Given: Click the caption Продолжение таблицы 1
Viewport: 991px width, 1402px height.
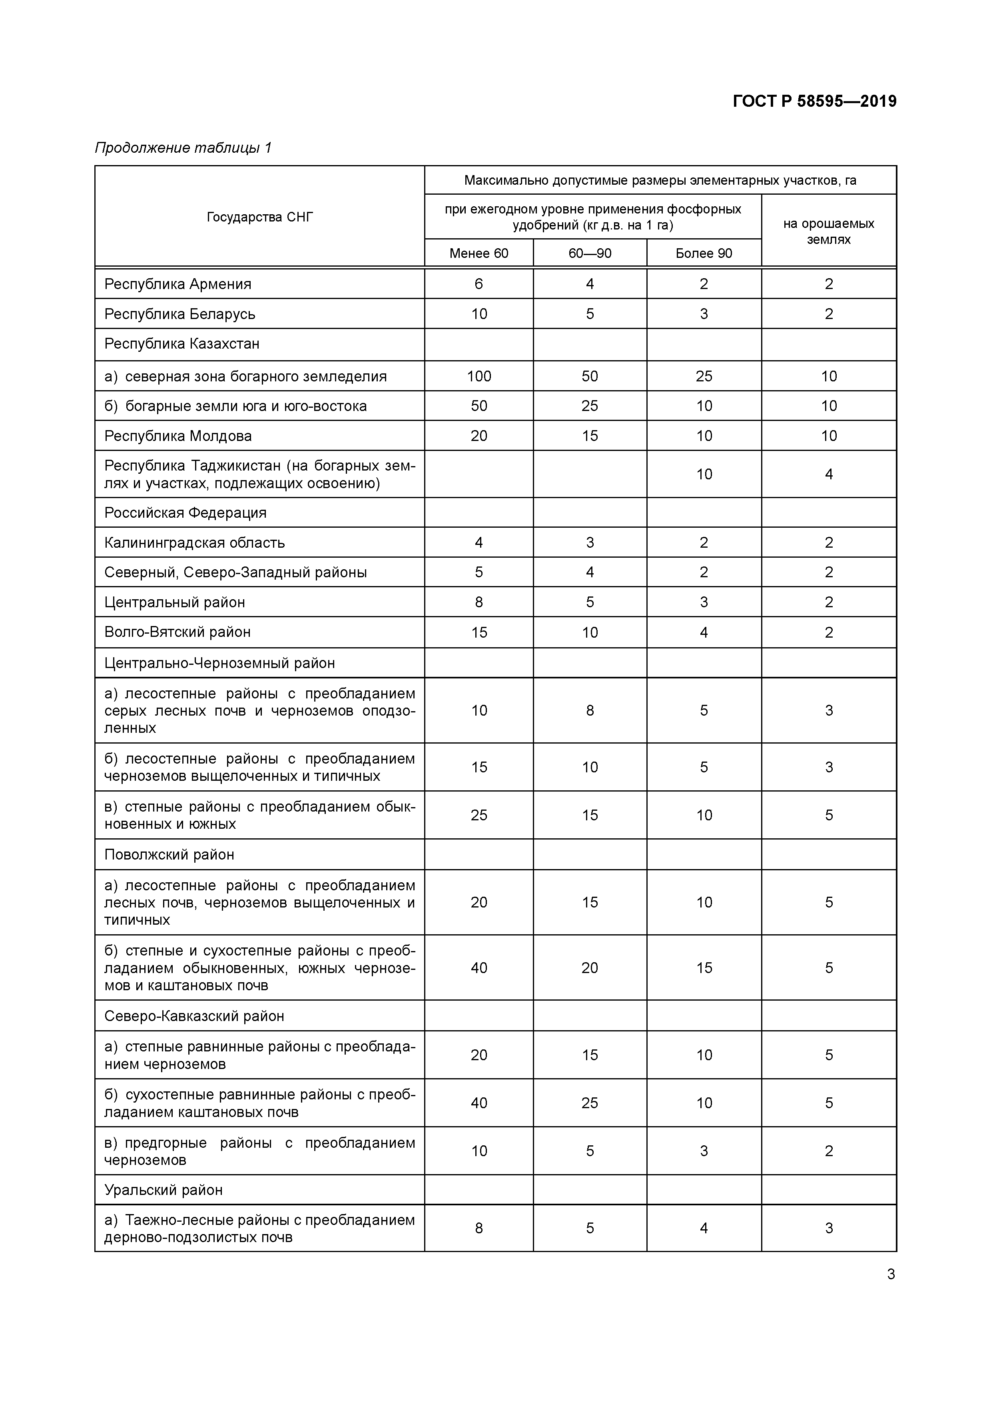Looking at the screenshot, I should (x=183, y=148).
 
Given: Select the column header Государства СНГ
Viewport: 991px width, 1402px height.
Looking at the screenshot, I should (x=259, y=217).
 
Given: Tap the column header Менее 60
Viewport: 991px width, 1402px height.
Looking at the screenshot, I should (x=479, y=253).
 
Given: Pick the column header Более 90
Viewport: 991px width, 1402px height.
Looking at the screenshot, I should (x=704, y=253).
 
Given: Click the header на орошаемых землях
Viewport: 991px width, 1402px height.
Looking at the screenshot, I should (x=829, y=231).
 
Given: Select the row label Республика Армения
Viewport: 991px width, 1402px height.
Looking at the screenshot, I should (x=177, y=284).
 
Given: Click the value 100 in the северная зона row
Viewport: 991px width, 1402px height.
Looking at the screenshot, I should (x=479, y=376).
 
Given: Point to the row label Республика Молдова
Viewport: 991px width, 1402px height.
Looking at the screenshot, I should (x=177, y=436).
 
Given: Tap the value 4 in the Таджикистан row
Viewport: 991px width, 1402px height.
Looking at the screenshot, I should (x=829, y=475).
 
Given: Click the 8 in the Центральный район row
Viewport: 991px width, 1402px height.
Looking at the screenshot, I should (x=479, y=603).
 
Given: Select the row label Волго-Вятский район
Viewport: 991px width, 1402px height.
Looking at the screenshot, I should (x=177, y=632).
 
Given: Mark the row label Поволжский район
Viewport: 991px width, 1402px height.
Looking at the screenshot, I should (x=169, y=855).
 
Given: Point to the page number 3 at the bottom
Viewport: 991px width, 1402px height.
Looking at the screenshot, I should (x=890, y=1274).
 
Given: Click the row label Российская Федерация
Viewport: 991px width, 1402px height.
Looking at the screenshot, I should (x=185, y=513).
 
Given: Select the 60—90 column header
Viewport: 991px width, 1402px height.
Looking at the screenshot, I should (x=589, y=253).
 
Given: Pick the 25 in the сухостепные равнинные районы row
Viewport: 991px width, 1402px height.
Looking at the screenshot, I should (x=589, y=1103).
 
